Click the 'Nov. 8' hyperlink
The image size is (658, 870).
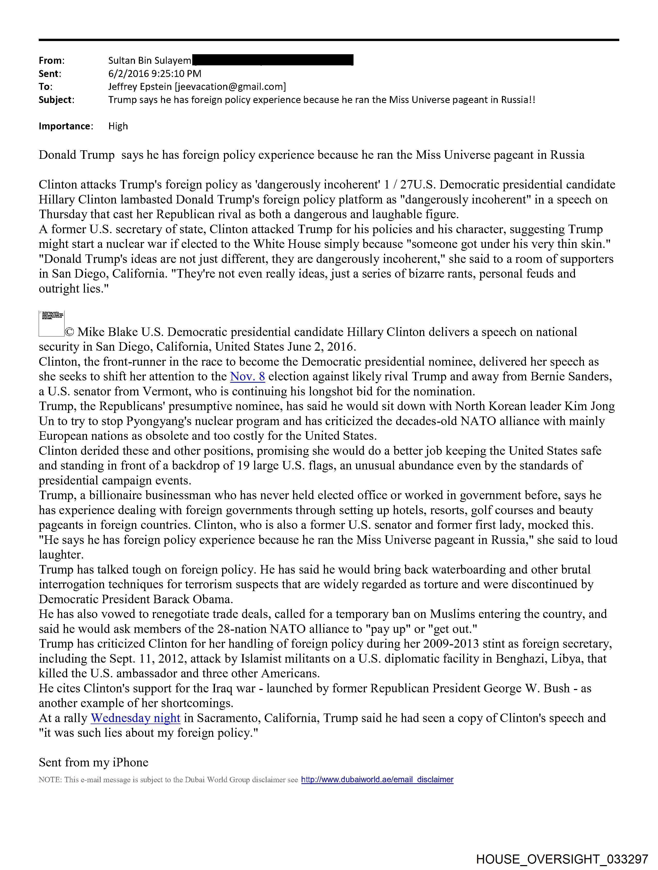coord(247,377)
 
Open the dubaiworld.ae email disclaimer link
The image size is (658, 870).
coord(377,780)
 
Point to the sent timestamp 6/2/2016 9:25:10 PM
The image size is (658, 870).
coord(155,74)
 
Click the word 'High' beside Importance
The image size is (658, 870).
coord(118,126)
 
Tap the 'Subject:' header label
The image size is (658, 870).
coord(56,100)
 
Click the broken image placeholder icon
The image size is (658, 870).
coord(52,324)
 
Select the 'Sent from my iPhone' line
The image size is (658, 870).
coord(94,762)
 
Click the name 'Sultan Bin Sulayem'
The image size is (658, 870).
coord(150,61)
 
